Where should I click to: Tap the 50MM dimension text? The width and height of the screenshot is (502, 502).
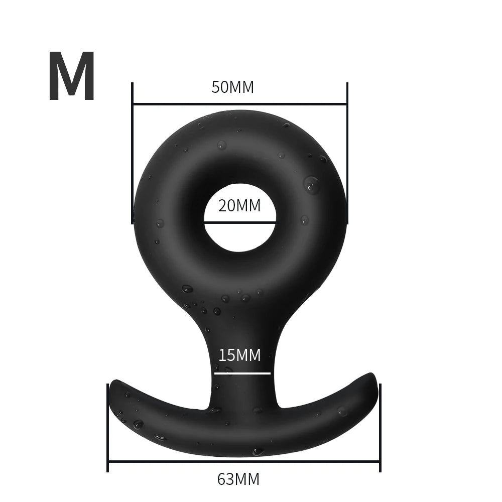tap(232, 87)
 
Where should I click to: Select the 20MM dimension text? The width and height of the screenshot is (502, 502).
tap(239, 205)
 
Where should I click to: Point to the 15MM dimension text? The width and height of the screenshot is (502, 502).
tap(239, 355)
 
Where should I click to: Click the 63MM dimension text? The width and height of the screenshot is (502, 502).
tap(238, 479)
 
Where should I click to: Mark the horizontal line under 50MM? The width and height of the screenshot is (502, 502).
tap(239, 104)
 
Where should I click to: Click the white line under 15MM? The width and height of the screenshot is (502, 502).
tap(242, 373)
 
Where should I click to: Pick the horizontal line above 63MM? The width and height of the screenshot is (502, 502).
tap(243, 461)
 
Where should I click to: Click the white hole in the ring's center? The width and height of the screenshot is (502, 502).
tap(239, 236)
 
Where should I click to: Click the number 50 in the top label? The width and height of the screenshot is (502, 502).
tap(220, 87)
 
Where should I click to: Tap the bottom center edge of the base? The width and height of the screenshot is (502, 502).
tap(243, 454)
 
